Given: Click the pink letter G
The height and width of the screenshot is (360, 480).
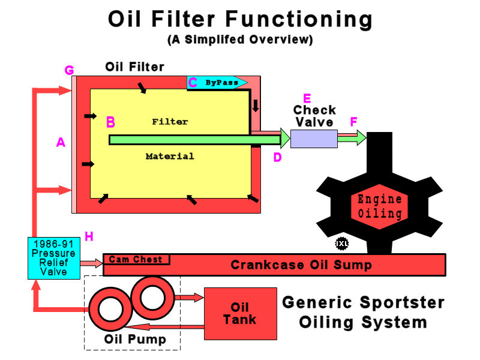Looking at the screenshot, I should pos(69,71).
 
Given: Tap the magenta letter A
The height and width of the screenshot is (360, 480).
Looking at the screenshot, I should pos(60,142).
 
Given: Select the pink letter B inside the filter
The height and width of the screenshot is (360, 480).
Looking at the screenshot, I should pos(110,122).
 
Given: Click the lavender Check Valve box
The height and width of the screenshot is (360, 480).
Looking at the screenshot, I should pos(314,139).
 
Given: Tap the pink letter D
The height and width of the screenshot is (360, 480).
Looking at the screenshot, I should pos(277,158).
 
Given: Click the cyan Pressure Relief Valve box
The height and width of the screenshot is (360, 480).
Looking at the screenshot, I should pos(53,258).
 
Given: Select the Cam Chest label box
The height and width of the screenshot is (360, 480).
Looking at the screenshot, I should pos(137,260).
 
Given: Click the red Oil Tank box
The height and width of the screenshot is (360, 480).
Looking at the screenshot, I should pos(240,313).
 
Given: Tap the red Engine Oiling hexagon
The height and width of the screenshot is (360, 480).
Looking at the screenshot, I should pos(380,206).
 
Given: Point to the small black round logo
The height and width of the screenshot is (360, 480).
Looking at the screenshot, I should pos(342,244).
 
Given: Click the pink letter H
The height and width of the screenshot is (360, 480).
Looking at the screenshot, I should pos(89,236).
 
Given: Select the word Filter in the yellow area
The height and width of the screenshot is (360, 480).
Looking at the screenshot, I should pos(170,122).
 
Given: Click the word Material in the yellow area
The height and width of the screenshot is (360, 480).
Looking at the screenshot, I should pos(170,157).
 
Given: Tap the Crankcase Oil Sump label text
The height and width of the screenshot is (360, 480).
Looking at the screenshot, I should pos(301,265).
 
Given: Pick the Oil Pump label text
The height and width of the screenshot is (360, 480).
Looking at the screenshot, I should pos(134,340).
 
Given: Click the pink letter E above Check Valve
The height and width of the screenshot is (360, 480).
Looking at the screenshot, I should pos(307,98).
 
